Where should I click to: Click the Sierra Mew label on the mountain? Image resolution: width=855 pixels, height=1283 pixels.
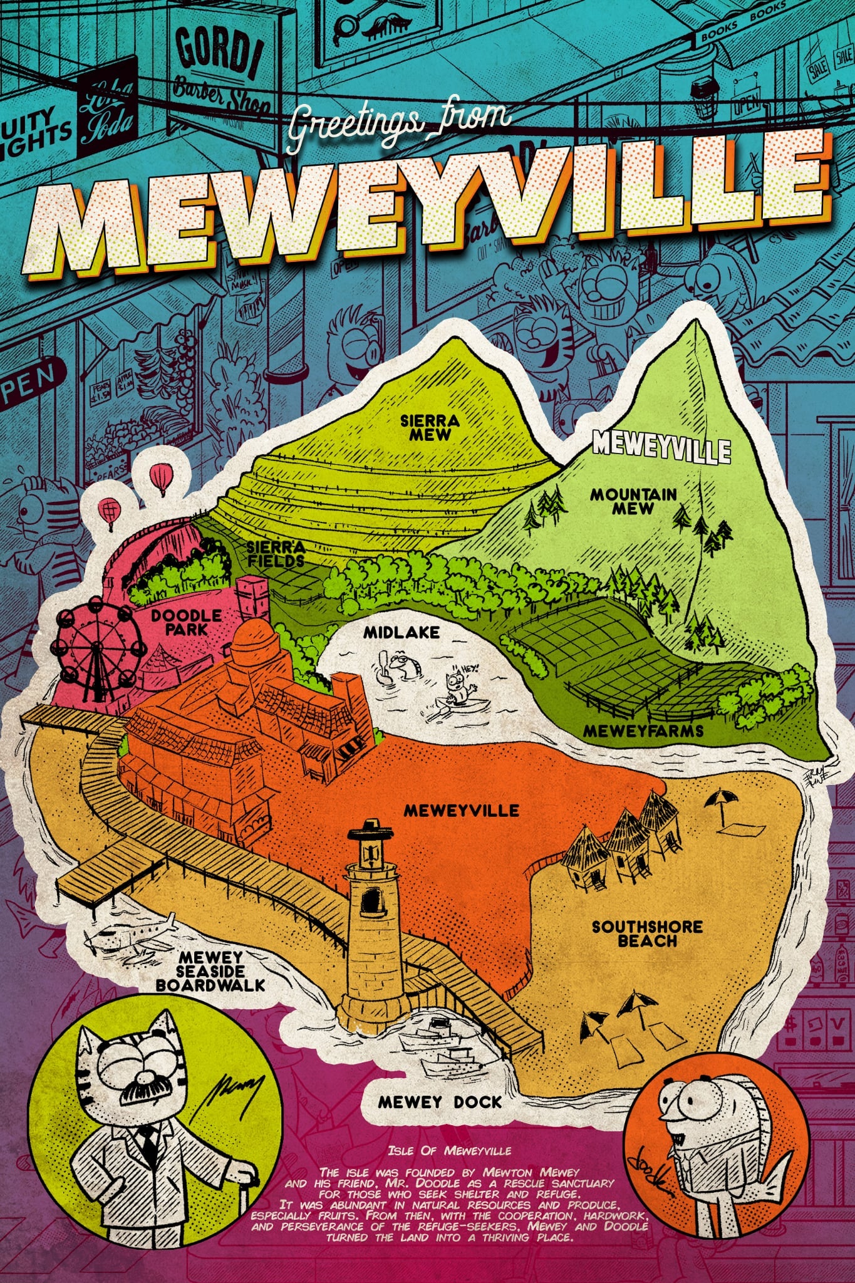(430, 427)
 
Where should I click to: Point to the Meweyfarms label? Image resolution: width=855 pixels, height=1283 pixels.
(643, 730)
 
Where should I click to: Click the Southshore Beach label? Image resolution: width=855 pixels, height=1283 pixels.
(647, 934)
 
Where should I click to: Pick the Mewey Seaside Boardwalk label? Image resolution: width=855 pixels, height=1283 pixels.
(210, 971)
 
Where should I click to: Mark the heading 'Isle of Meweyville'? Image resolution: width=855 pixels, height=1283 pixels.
(449, 1151)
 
